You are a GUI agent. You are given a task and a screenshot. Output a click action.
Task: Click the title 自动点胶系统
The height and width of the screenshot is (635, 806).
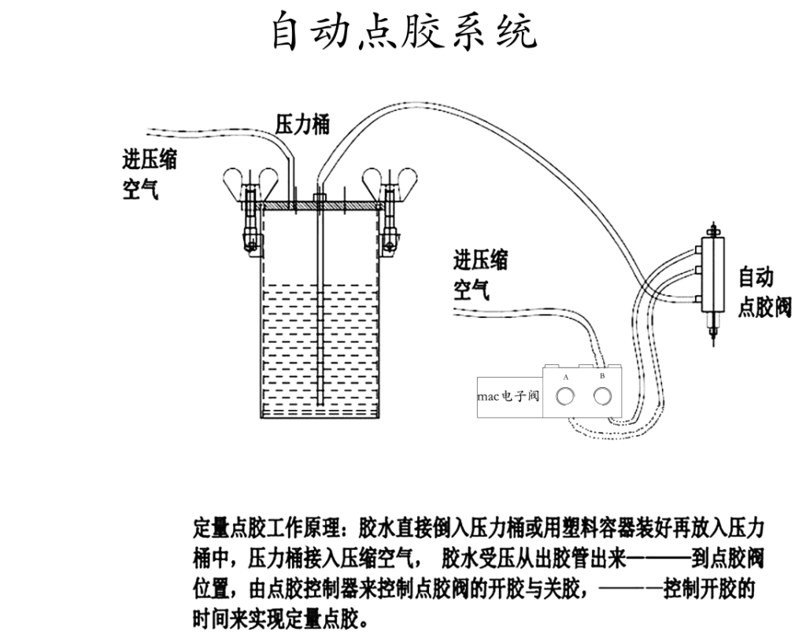[x=404, y=32]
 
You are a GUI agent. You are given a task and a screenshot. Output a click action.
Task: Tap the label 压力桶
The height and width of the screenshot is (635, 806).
[x=302, y=124]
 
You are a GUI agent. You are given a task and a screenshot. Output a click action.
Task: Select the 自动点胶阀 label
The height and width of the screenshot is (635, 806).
[x=763, y=292]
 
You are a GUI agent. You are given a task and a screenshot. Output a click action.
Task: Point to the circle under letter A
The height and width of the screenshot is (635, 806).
[x=565, y=398]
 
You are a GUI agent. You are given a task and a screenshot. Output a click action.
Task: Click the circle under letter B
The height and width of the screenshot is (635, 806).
[x=602, y=397]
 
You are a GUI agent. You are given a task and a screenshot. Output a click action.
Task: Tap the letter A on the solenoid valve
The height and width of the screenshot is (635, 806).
[x=565, y=378]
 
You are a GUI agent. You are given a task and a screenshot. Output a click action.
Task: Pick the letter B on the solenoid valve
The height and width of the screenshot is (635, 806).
[x=602, y=377]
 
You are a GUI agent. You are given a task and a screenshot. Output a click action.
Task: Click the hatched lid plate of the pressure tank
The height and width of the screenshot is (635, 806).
[x=319, y=206]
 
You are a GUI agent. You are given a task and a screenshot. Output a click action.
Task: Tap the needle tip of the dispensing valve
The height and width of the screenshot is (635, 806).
[x=714, y=338]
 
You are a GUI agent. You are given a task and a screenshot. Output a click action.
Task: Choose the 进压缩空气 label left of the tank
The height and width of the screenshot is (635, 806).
[x=150, y=174]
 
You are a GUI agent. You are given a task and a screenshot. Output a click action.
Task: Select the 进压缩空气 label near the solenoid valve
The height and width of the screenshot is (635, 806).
[x=480, y=275]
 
